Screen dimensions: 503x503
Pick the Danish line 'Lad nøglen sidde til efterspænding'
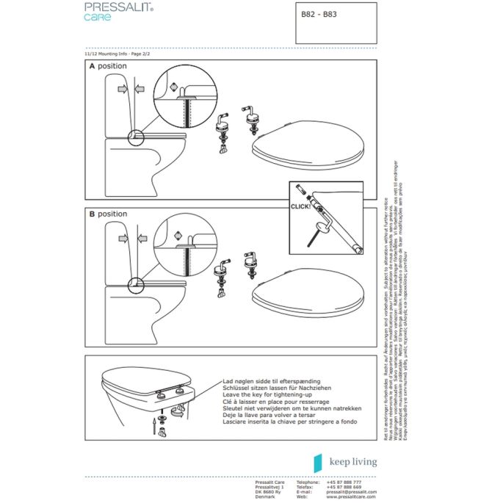(270, 382)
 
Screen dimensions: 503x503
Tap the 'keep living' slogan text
(352, 462)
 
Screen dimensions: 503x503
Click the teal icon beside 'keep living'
(318, 462)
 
